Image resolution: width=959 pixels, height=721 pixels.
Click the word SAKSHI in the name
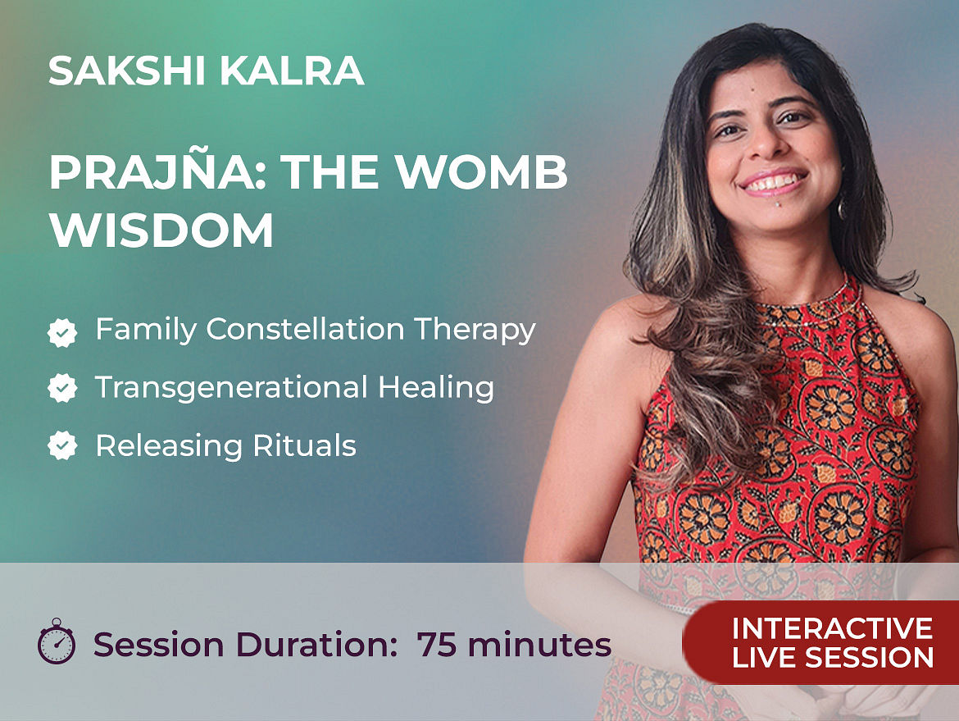126,71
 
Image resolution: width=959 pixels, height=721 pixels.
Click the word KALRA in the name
292,71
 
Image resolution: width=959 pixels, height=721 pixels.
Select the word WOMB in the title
482,172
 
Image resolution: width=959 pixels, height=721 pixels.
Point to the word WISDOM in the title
161,230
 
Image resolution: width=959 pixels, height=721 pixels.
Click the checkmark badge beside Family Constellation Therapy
62,332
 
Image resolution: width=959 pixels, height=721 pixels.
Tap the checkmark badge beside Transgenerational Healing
62,388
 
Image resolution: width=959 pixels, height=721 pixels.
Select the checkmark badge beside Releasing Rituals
62,445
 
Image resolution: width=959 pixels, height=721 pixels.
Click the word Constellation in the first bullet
305,329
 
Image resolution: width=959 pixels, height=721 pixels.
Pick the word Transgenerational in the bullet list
231,388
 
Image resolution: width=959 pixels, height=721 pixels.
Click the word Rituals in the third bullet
304,445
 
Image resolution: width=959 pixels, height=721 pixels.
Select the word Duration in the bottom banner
311,645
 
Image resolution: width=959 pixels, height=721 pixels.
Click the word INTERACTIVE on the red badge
832,628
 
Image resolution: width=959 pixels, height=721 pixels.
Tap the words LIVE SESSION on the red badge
833,657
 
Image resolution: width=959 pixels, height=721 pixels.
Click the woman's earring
842,208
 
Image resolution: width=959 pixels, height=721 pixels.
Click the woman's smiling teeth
773,182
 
